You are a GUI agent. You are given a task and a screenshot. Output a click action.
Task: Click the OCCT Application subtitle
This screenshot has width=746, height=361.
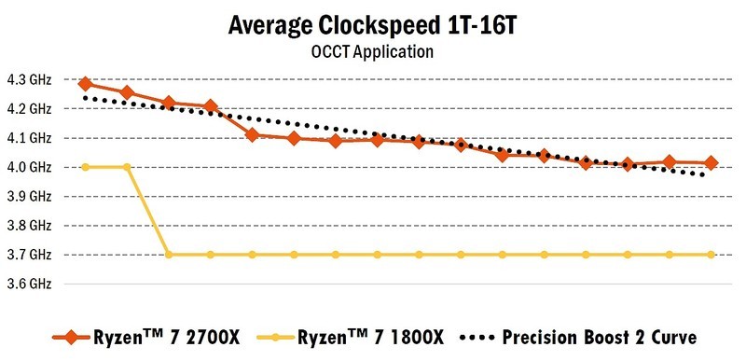(x=372, y=52)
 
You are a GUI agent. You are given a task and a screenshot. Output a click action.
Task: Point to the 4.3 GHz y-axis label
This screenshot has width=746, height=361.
(x=30, y=80)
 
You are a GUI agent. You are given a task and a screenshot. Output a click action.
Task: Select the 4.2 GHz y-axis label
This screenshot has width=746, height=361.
(x=30, y=109)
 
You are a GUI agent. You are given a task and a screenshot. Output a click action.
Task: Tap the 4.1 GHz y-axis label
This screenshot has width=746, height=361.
(x=30, y=138)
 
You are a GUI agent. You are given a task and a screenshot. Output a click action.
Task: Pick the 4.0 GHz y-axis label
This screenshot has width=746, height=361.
(x=30, y=167)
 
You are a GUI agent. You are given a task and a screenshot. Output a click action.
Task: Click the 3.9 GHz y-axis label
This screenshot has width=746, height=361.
(x=30, y=196)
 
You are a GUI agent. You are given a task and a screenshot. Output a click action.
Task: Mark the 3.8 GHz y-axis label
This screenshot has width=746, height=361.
(x=30, y=225)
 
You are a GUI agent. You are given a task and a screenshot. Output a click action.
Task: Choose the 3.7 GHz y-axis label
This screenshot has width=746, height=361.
(x=30, y=254)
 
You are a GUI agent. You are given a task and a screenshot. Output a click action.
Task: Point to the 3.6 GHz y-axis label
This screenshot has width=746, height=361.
(x=30, y=283)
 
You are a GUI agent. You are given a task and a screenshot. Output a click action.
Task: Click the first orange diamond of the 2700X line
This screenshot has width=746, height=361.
(x=85, y=84)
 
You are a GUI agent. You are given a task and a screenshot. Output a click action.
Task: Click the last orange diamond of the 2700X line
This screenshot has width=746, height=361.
(x=711, y=163)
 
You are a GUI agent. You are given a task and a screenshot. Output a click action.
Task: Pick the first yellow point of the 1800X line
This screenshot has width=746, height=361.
(x=85, y=167)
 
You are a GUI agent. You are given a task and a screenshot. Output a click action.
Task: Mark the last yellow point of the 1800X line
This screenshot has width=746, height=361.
(x=711, y=254)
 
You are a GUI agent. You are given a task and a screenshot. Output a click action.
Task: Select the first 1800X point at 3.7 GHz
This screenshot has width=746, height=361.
(x=169, y=254)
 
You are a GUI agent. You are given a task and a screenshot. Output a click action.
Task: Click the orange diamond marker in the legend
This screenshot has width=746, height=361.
(x=65, y=336)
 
